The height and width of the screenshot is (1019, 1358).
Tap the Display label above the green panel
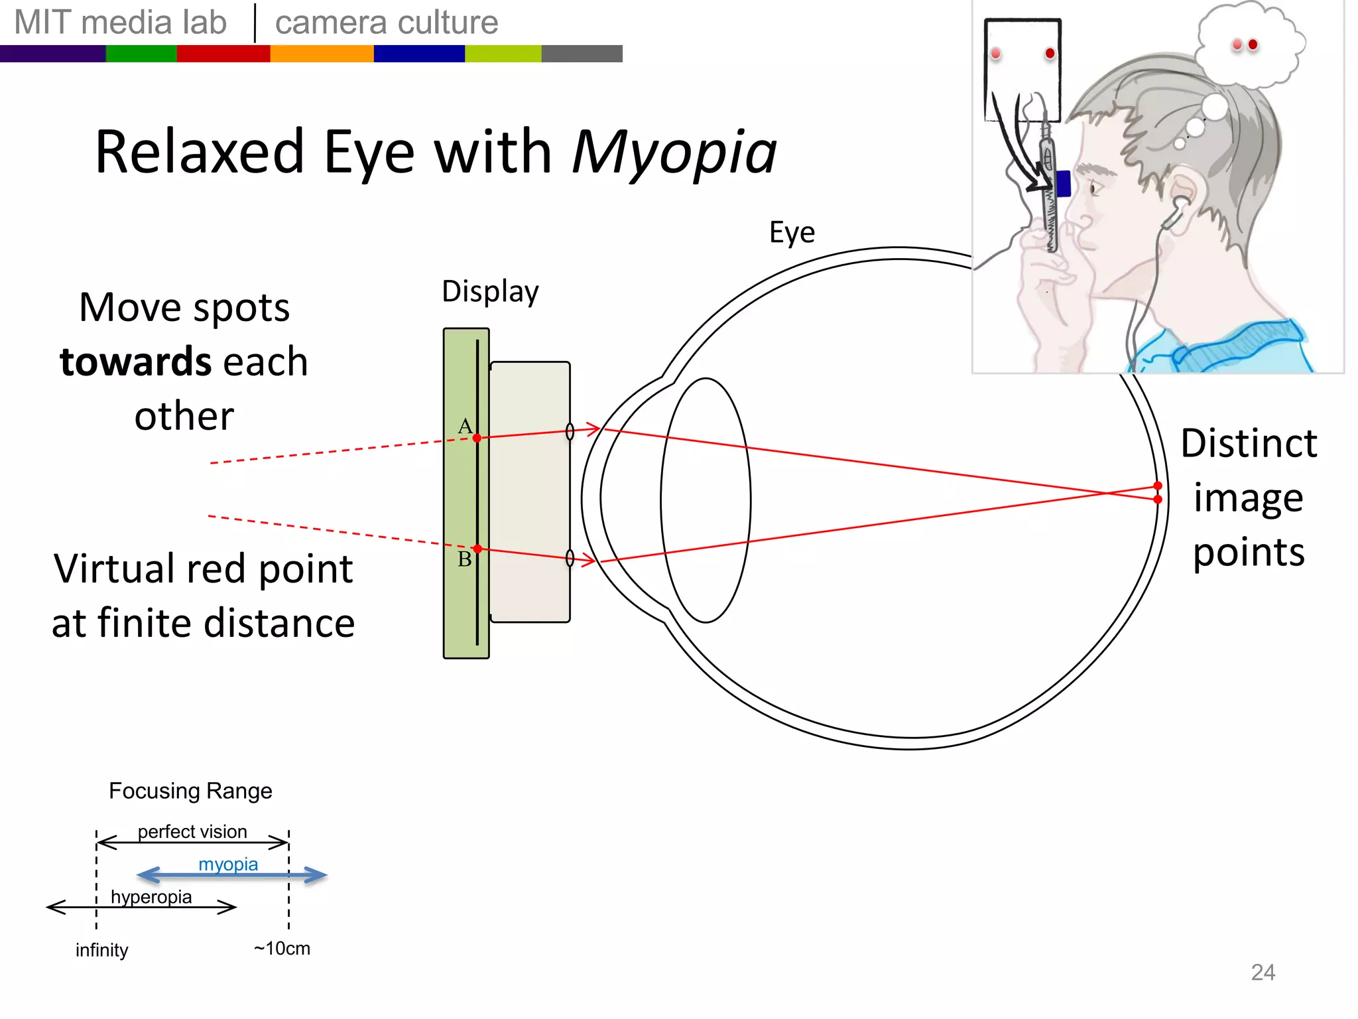point(490,292)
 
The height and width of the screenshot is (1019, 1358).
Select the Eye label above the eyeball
point(792,233)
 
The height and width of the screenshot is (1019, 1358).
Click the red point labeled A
point(477,438)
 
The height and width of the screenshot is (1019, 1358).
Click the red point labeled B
point(477,549)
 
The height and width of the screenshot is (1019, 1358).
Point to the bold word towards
point(135,362)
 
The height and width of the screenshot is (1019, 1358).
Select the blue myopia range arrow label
point(228,864)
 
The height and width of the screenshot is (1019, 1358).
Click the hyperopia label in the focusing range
point(151,897)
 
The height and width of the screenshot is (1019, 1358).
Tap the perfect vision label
point(192,832)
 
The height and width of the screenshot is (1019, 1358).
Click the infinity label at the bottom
point(101,950)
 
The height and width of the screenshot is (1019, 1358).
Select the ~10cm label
point(282,949)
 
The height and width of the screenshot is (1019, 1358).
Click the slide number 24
point(1263,973)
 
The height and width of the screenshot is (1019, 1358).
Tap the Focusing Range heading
point(190,791)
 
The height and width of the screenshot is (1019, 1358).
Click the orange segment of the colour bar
point(322,54)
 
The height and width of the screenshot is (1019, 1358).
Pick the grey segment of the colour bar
point(582,54)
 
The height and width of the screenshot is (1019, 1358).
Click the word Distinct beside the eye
point(1249,443)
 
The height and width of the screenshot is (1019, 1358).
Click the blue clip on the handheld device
point(1063,184)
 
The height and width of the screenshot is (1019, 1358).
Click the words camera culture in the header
point(387,23)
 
